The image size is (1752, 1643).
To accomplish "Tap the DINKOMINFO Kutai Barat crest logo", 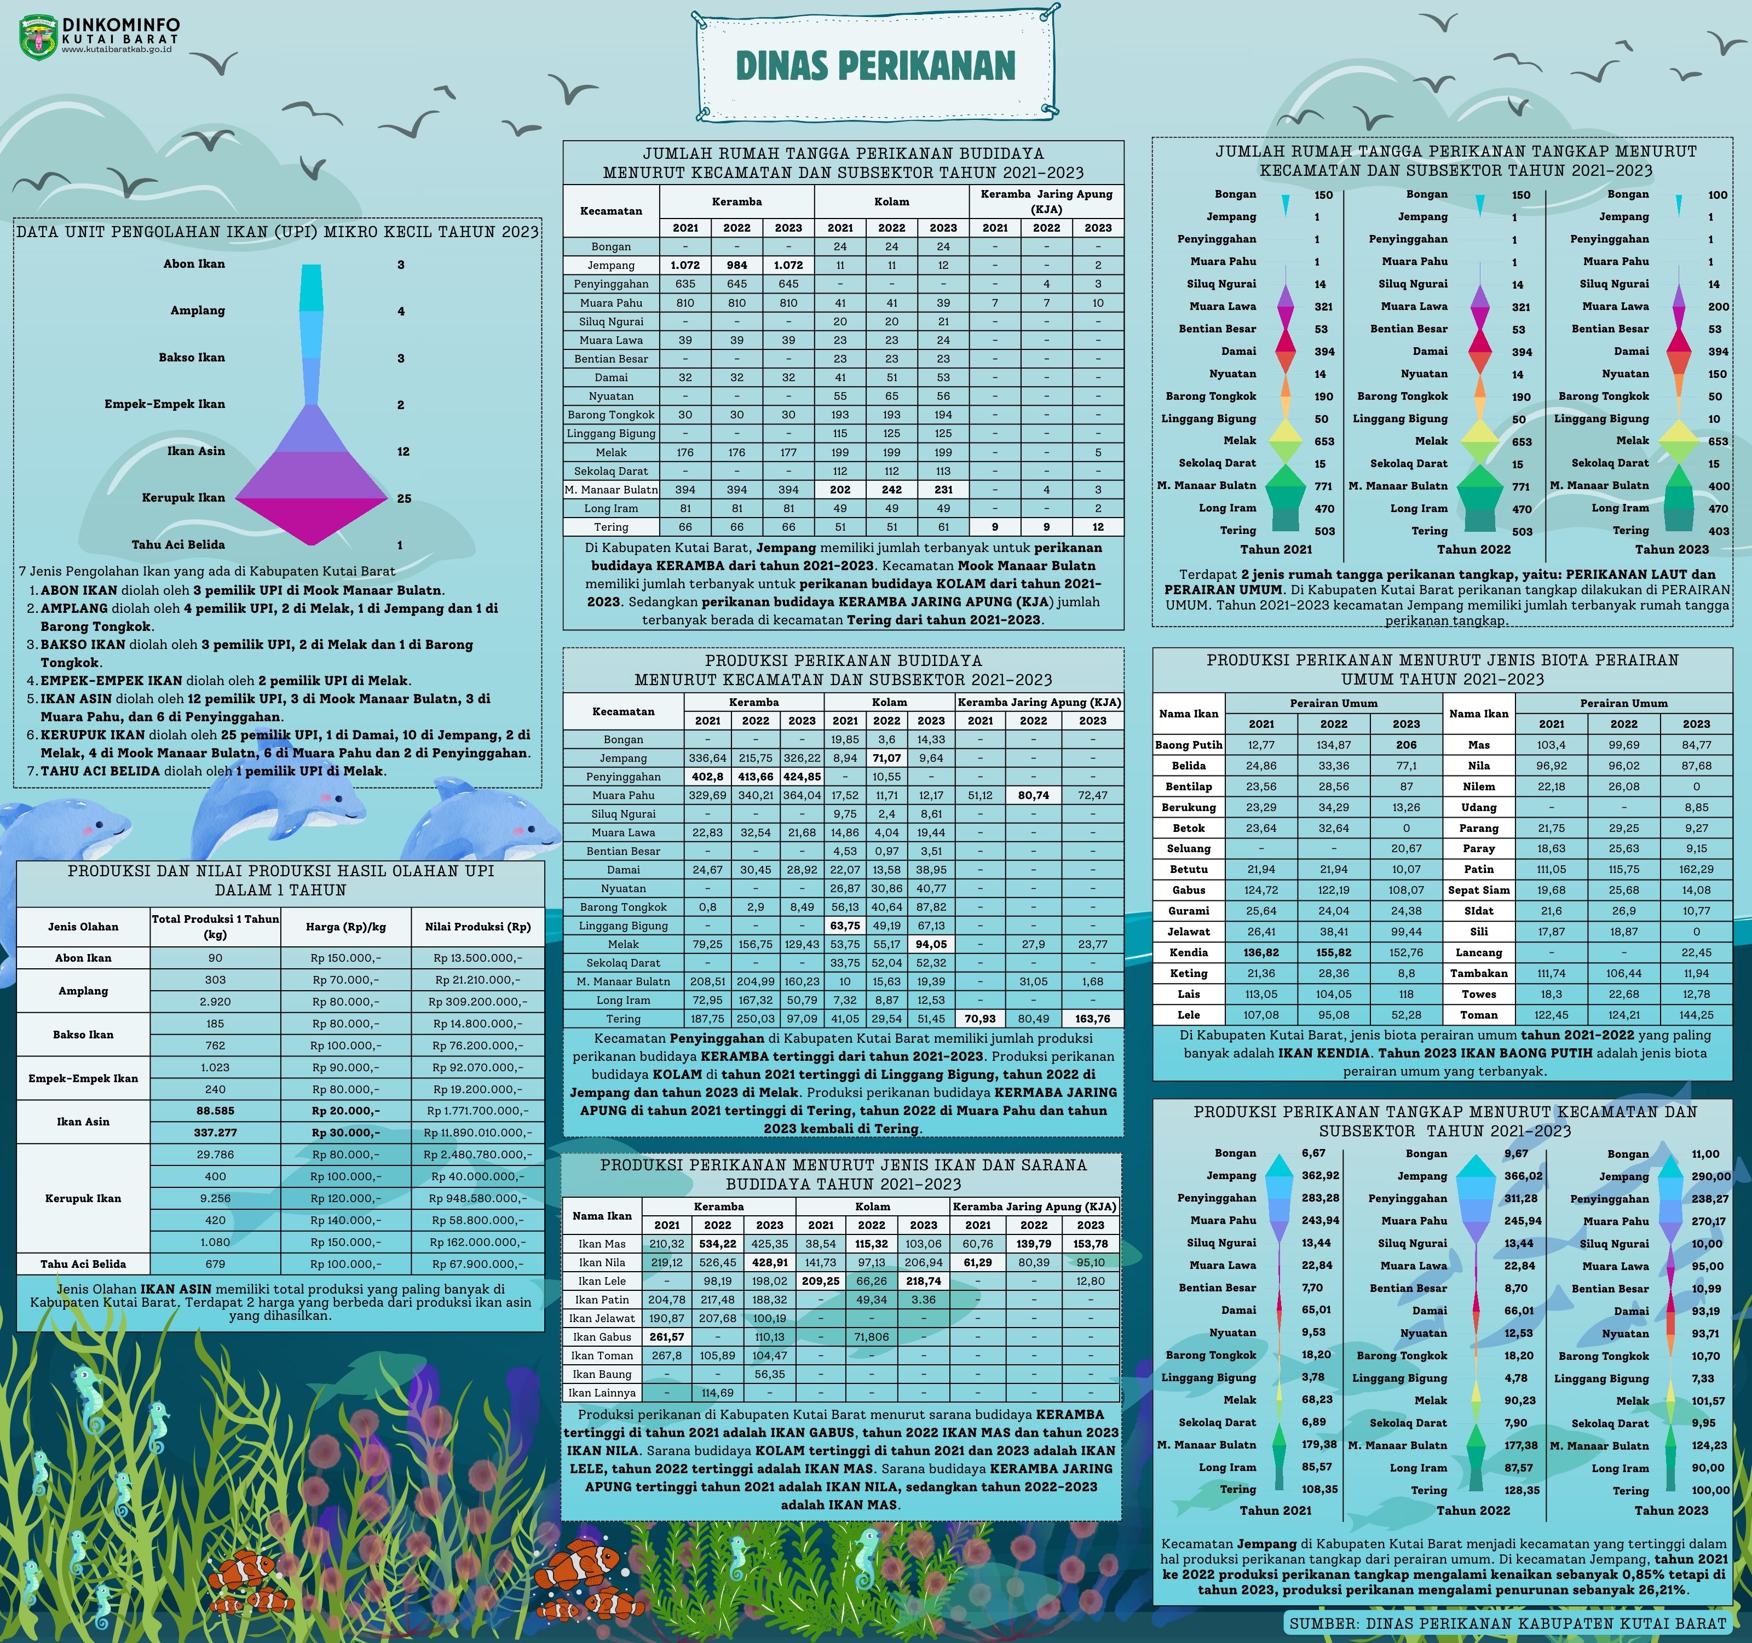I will pos(38,38).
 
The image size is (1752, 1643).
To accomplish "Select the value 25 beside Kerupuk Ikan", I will pos(404,498).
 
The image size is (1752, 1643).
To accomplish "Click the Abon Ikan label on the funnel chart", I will pos(194,263).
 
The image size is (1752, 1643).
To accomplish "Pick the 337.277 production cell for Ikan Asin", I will pos(215,1133).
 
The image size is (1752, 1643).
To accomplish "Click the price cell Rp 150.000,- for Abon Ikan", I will pos(345,958).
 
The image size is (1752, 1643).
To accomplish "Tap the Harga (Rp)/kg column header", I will pos(345,927).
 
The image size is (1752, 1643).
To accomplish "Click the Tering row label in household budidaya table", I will pos(610,527).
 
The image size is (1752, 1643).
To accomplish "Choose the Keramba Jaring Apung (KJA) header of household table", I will pos(1046,201).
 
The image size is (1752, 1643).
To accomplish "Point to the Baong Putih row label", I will pos(1188,745).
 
